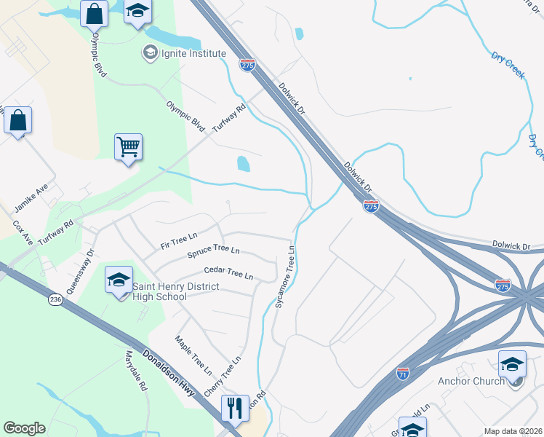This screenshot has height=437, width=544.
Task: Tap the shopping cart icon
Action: tap(128, 147)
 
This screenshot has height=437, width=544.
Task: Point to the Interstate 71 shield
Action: tap(402, 374)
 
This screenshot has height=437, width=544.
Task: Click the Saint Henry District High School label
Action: tap(175, 291)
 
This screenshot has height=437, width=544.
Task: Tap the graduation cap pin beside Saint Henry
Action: tap(119, 280)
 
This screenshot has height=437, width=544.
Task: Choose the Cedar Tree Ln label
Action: tap(228, 273)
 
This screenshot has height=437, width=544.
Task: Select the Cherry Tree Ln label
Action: tap(222, 377)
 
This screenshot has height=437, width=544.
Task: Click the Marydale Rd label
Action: tap(135, 371)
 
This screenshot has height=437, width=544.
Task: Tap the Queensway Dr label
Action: tap(80, 272)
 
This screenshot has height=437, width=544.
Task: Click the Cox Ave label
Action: tap(23, 233)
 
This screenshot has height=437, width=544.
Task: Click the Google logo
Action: tap(24, 428)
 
